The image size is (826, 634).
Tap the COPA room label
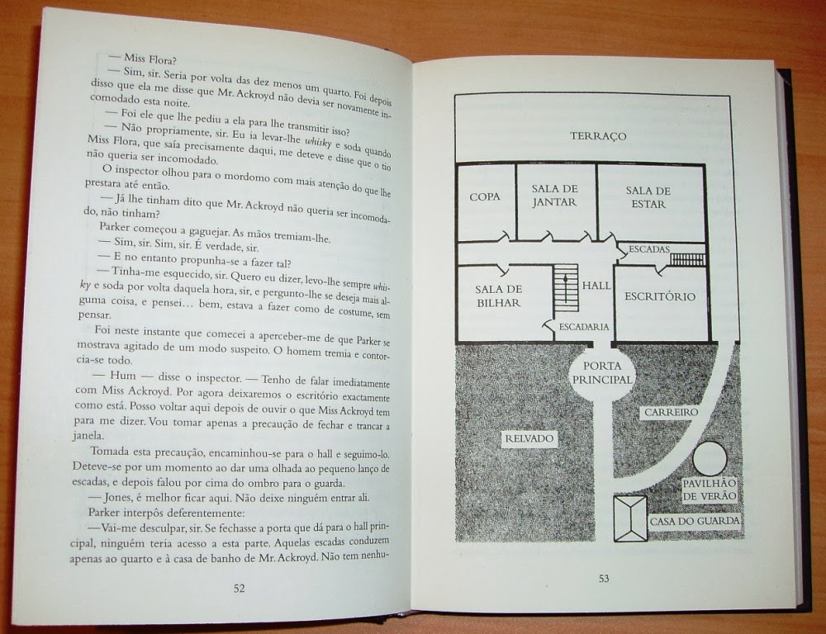point(484,196)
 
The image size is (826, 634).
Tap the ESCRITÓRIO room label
point(660,296)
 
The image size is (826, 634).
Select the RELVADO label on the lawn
point(529,438)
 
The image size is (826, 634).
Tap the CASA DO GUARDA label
point(695,520)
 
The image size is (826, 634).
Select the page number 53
point(604,578)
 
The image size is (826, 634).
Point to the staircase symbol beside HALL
point(565,286)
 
